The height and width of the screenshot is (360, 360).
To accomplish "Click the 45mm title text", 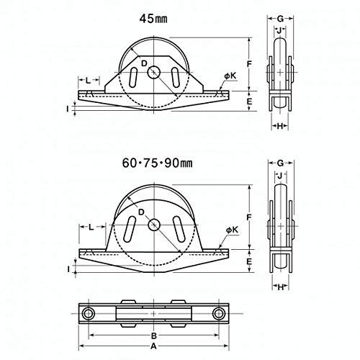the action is pyautogui.click(x=153, y=19).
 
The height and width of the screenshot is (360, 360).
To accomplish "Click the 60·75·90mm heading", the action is pyautogui.click(x=158, y=163).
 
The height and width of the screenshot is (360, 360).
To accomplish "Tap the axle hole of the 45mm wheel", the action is pyautogui.click(x=154, y=72).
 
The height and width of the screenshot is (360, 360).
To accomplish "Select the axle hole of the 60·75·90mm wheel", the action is pyautogui.click(x=153, y=225).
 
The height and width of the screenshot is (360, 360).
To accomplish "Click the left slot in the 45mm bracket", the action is pyautogui.click(x=133, y=78).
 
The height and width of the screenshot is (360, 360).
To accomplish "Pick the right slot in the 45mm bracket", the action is pyautogui.click(x=175, y=78).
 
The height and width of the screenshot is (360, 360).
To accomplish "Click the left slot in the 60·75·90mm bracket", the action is pyautogui.click(x=129, y=229).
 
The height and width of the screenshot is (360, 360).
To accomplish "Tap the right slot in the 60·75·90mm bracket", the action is pyautogui.click(x=179, y=229).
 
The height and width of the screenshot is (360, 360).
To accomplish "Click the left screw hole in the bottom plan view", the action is pyautogui.click(x=89, y=313).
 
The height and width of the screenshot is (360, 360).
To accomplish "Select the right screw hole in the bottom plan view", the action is pyautogui.click(x=218, y=313).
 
